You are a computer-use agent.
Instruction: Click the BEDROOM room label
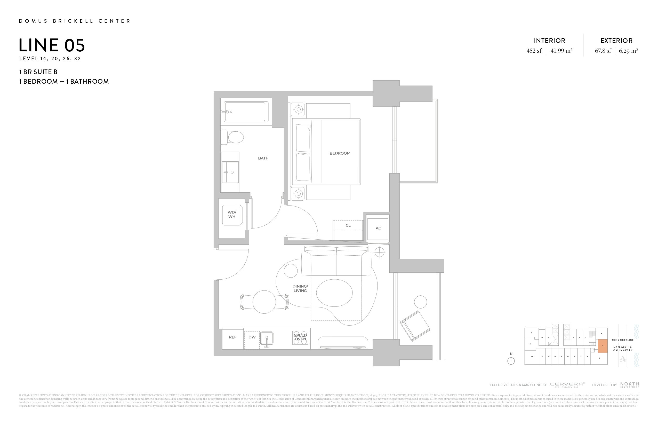340,153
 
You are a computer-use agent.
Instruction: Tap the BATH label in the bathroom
263,158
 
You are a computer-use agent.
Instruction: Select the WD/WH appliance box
232,215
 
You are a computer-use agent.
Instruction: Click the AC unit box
378,228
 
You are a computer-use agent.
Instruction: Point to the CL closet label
348,225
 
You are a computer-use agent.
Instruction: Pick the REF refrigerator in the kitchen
233,337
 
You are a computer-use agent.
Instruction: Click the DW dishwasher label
252,337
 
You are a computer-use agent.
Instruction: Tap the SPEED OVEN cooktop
300,337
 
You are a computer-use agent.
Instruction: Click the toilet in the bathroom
233,137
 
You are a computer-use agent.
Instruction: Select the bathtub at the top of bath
245,112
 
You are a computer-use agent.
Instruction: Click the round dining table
264,302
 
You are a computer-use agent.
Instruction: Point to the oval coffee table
334,293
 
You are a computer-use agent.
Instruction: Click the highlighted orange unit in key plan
603,346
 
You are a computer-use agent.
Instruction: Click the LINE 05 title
52,45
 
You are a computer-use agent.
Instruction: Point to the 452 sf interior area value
534,51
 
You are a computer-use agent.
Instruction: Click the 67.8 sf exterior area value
603,51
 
